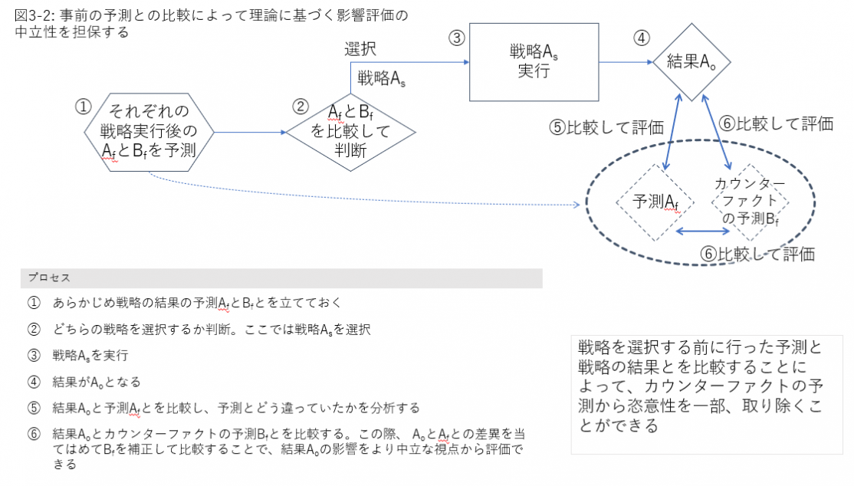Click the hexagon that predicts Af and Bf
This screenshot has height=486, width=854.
[x=149, y=133]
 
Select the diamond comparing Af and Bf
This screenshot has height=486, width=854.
[x=351, y=132]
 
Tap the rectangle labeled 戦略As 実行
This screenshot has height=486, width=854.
[x=534, y=62]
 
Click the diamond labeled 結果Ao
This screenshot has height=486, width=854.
[x=691, y=62]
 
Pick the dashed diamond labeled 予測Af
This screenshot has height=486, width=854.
[x=655, y=202]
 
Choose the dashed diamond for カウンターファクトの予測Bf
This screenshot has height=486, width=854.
[x=750, y=202]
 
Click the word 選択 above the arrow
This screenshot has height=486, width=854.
[x=360, y=49]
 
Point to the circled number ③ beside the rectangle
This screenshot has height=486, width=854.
[x=456, y=38]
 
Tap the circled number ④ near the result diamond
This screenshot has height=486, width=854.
[x=641, y=38]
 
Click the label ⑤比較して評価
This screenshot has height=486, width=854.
[x=606, y=127]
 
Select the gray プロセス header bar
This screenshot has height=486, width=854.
[x=281, y=277]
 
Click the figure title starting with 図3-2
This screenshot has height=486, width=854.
[x=212, y=24]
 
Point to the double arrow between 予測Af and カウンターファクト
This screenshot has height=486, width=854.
[x=702, y=231]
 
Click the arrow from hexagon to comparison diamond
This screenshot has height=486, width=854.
[x=250, y=132]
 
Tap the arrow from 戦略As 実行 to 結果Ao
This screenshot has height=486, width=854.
[x=626, y=62]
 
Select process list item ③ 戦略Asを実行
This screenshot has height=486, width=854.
[x=78, y=355]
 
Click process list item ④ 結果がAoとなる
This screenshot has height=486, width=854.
[x=84, y=382]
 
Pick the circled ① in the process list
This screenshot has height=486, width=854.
[x=34, y=302]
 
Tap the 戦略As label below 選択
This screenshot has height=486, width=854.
[x=381, y=78]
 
